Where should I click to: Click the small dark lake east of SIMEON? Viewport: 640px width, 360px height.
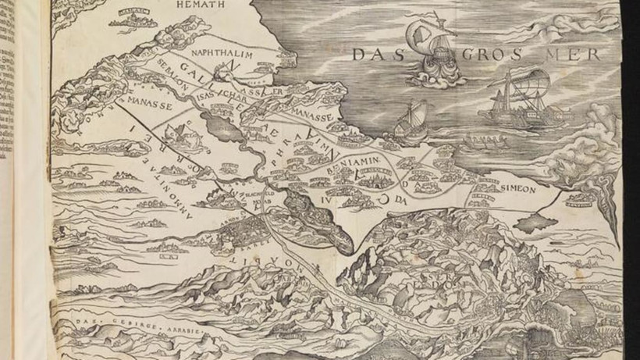(x=538, y=223)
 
